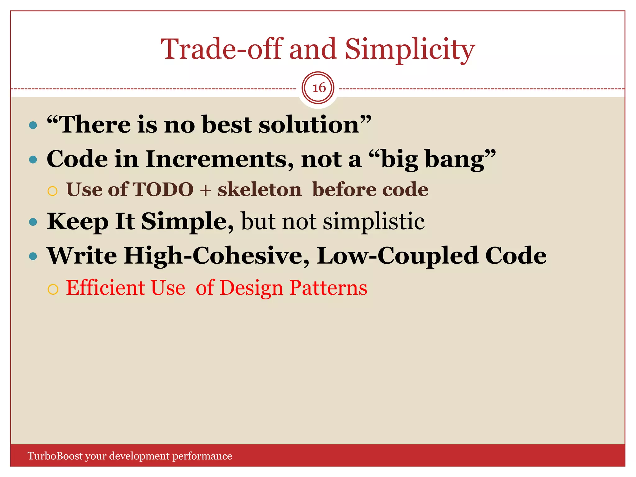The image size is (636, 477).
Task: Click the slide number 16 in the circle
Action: tap(319, 88)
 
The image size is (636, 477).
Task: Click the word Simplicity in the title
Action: tap(410, 50)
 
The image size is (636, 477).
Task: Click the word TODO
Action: tap(163, 189)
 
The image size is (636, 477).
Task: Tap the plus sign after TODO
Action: tap(205, 190)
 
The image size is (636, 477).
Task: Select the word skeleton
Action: tap(259, 190)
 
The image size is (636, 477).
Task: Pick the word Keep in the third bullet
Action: tap(78, 222)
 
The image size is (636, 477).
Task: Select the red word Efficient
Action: tap(106, 288)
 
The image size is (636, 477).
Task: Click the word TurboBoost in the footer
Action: tap(55, 456)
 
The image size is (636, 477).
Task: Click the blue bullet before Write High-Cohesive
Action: tap(33, 257)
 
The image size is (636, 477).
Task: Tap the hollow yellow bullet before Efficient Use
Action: tap(53, 289)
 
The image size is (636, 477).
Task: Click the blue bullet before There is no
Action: tap(33, 125)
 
